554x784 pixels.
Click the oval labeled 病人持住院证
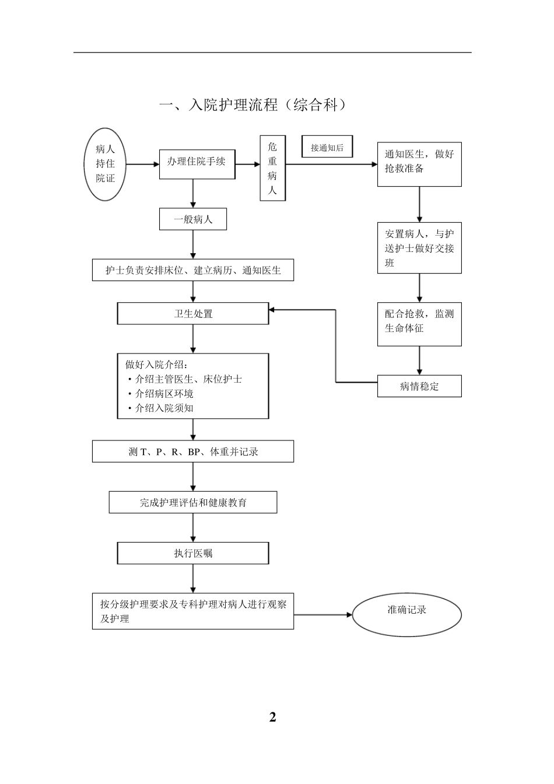pos(106,164)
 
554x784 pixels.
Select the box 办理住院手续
pos(197,164)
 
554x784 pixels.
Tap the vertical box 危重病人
pos(272,168)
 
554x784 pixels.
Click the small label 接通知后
pos(327,148)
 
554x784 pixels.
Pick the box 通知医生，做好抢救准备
pos(419,164)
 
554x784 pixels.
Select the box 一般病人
pos(193,220)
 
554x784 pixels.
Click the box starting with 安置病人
pos(419,248)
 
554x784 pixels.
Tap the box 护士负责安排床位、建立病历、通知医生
pos(193,271)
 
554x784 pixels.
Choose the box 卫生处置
pos(193,314)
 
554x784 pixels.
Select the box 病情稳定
pos(419,386)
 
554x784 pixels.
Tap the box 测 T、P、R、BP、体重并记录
pos(193,452)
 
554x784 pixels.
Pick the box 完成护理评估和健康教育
pos(193,502)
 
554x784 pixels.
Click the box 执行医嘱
pos(193,553)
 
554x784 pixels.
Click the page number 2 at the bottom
pos(272,717)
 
